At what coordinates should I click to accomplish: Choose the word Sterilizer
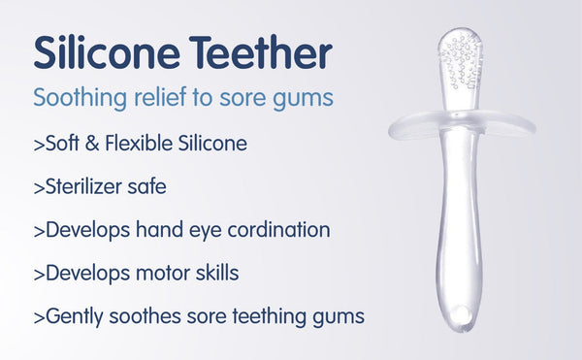pos(86,187)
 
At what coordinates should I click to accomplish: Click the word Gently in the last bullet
pos(73,316)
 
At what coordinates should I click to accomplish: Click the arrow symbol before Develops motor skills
pos(39,274)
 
